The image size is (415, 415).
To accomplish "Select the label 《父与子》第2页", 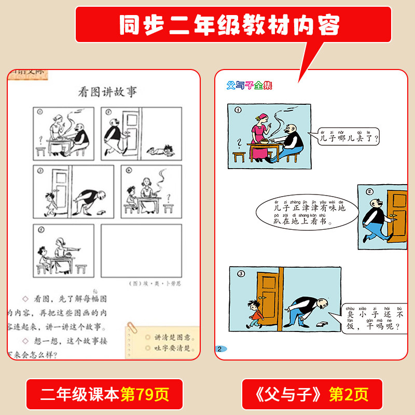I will point(312,394).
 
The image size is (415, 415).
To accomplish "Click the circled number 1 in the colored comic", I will point(238,110).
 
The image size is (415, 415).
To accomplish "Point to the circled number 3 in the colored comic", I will point(240,274).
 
